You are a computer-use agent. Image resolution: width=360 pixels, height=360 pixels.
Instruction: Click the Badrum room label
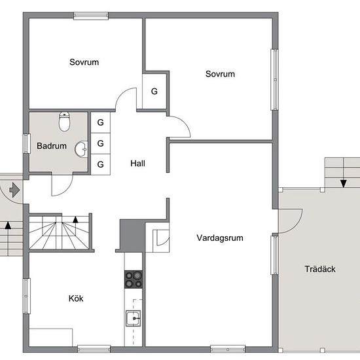(52, 146)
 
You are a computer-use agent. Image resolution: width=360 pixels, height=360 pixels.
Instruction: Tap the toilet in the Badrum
(64, 121)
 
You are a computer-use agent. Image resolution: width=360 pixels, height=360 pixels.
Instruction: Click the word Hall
(137, 164)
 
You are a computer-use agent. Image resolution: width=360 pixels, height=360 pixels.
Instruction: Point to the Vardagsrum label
(220, 238)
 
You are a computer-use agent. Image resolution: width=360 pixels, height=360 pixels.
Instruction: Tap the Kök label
(77, 298)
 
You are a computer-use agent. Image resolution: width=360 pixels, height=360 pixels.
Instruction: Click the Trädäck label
(320, 269)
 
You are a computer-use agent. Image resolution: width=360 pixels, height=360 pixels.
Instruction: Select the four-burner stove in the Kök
(134, 279)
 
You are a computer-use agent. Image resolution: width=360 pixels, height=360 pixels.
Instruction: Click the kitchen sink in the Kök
(133, 319)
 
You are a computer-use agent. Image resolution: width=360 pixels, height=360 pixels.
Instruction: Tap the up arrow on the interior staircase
(75, 220)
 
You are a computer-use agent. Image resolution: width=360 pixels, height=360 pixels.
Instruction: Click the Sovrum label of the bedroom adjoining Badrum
(84, 62)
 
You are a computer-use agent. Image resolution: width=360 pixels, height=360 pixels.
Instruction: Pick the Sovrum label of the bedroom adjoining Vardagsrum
(220, 74)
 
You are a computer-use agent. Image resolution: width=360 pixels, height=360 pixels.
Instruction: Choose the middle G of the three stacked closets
(101, 143)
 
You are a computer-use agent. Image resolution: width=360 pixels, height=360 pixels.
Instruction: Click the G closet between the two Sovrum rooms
(154, 91)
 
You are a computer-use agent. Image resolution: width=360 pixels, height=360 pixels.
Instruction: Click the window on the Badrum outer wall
(26, 144)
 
